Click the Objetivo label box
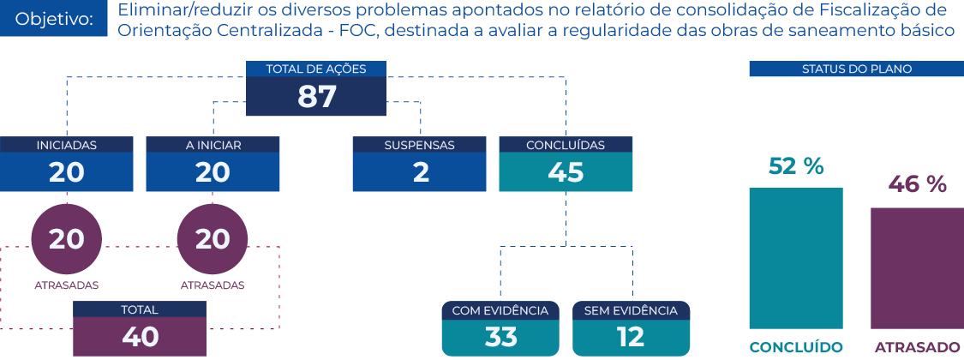53,18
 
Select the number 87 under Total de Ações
316,97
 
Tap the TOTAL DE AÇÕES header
316,69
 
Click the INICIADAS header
66,145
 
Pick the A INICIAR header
213,145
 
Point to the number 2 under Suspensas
421,173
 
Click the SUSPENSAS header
419,145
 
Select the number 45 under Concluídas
566,173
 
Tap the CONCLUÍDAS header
566,145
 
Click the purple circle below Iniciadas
66,239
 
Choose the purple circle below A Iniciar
213,239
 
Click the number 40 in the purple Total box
141,337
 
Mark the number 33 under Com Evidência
500,337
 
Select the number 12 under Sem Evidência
631,337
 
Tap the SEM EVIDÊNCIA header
631,311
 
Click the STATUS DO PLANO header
856,69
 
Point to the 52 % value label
795,166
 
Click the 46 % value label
918,184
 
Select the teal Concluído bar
796,259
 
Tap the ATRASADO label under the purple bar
917,346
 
